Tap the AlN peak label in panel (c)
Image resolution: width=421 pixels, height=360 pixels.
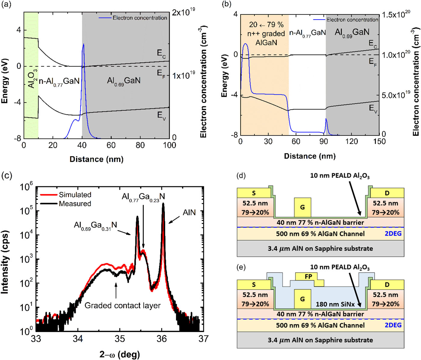point(189,212)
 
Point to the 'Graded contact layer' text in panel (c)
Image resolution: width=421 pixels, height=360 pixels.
point(122,306)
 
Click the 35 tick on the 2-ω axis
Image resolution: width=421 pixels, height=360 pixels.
point(120,339)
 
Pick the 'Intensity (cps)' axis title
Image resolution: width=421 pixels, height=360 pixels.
point(5,262)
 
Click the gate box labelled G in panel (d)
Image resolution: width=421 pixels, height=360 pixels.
point(302,207)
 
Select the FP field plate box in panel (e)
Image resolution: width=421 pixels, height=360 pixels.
point(308,276)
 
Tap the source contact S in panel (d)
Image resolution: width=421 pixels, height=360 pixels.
point(254,193)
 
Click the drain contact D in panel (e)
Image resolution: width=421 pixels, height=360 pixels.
point(387,285)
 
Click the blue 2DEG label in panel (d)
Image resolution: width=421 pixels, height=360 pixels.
point(393,233)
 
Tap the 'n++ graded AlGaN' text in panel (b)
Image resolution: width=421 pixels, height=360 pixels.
point(266,34)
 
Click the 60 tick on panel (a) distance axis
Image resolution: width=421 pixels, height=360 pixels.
point(111,145)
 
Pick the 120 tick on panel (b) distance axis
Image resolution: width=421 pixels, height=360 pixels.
point(352,141)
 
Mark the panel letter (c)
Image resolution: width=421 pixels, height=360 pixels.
point(7,175)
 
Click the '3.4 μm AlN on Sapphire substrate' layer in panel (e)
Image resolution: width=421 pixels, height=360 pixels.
point(320,340)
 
